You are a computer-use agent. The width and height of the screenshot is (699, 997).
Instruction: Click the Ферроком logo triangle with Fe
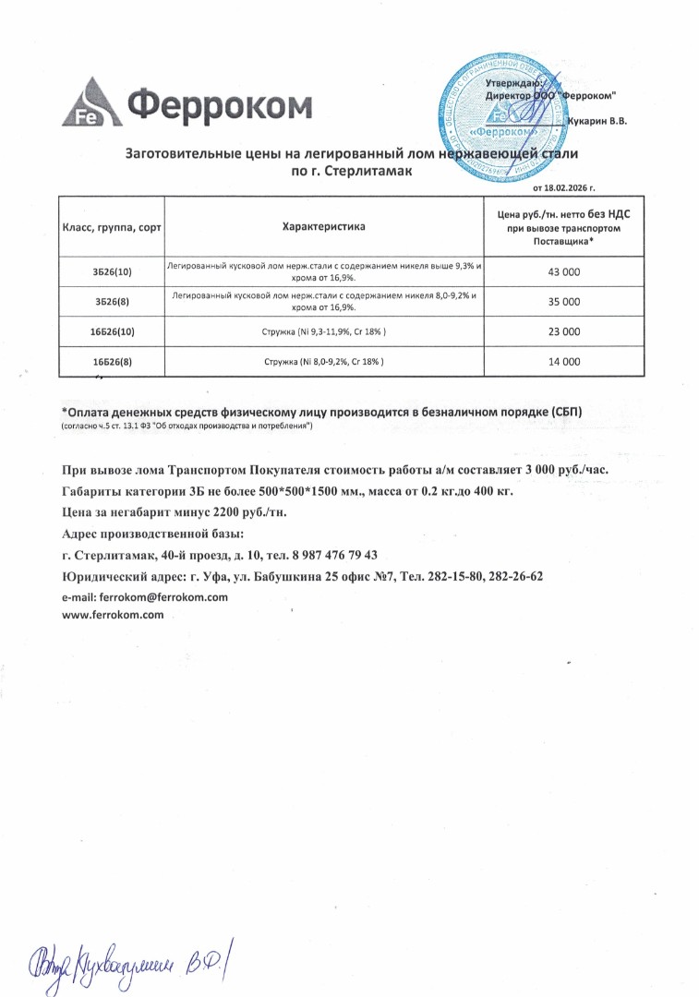pyautogui.click(x=88, y=103)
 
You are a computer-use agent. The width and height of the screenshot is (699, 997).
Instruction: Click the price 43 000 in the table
pyautogui.click(x=564, y=272)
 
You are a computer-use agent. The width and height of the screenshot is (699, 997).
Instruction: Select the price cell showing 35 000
pyautogui.click(x=564, y=302)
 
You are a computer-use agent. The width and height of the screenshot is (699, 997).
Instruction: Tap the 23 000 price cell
pyautogui.click(x=564, y=331)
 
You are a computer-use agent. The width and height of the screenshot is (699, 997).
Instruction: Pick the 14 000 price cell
pyautogui.click(x=564, y=362)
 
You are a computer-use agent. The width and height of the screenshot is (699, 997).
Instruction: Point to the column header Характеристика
pyautogui.click(x=324, y=226)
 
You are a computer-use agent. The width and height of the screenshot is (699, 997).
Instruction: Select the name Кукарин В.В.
pyautogui.click(x=598, y=121)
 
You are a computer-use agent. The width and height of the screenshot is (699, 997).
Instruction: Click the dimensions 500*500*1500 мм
pyautogui.click(x=319, y=491)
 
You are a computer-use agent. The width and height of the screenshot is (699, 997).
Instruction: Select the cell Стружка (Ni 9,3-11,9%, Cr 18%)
pyautogui.click(x=324, y=331)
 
